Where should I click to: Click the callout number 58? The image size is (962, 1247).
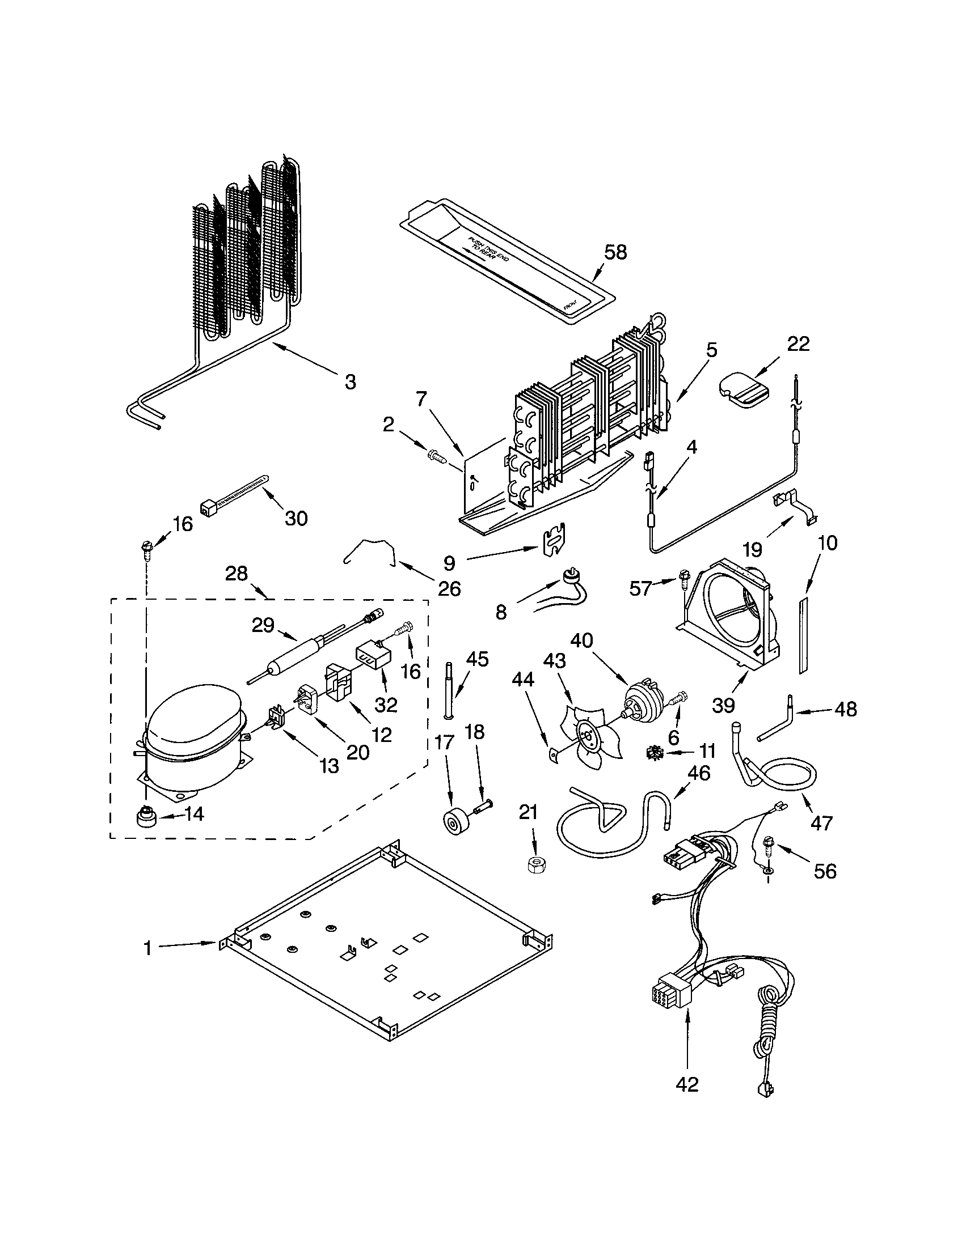click(615, 252)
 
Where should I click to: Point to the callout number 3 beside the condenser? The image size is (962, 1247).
click(350, 381)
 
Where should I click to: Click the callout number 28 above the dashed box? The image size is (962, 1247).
click(237, 573)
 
